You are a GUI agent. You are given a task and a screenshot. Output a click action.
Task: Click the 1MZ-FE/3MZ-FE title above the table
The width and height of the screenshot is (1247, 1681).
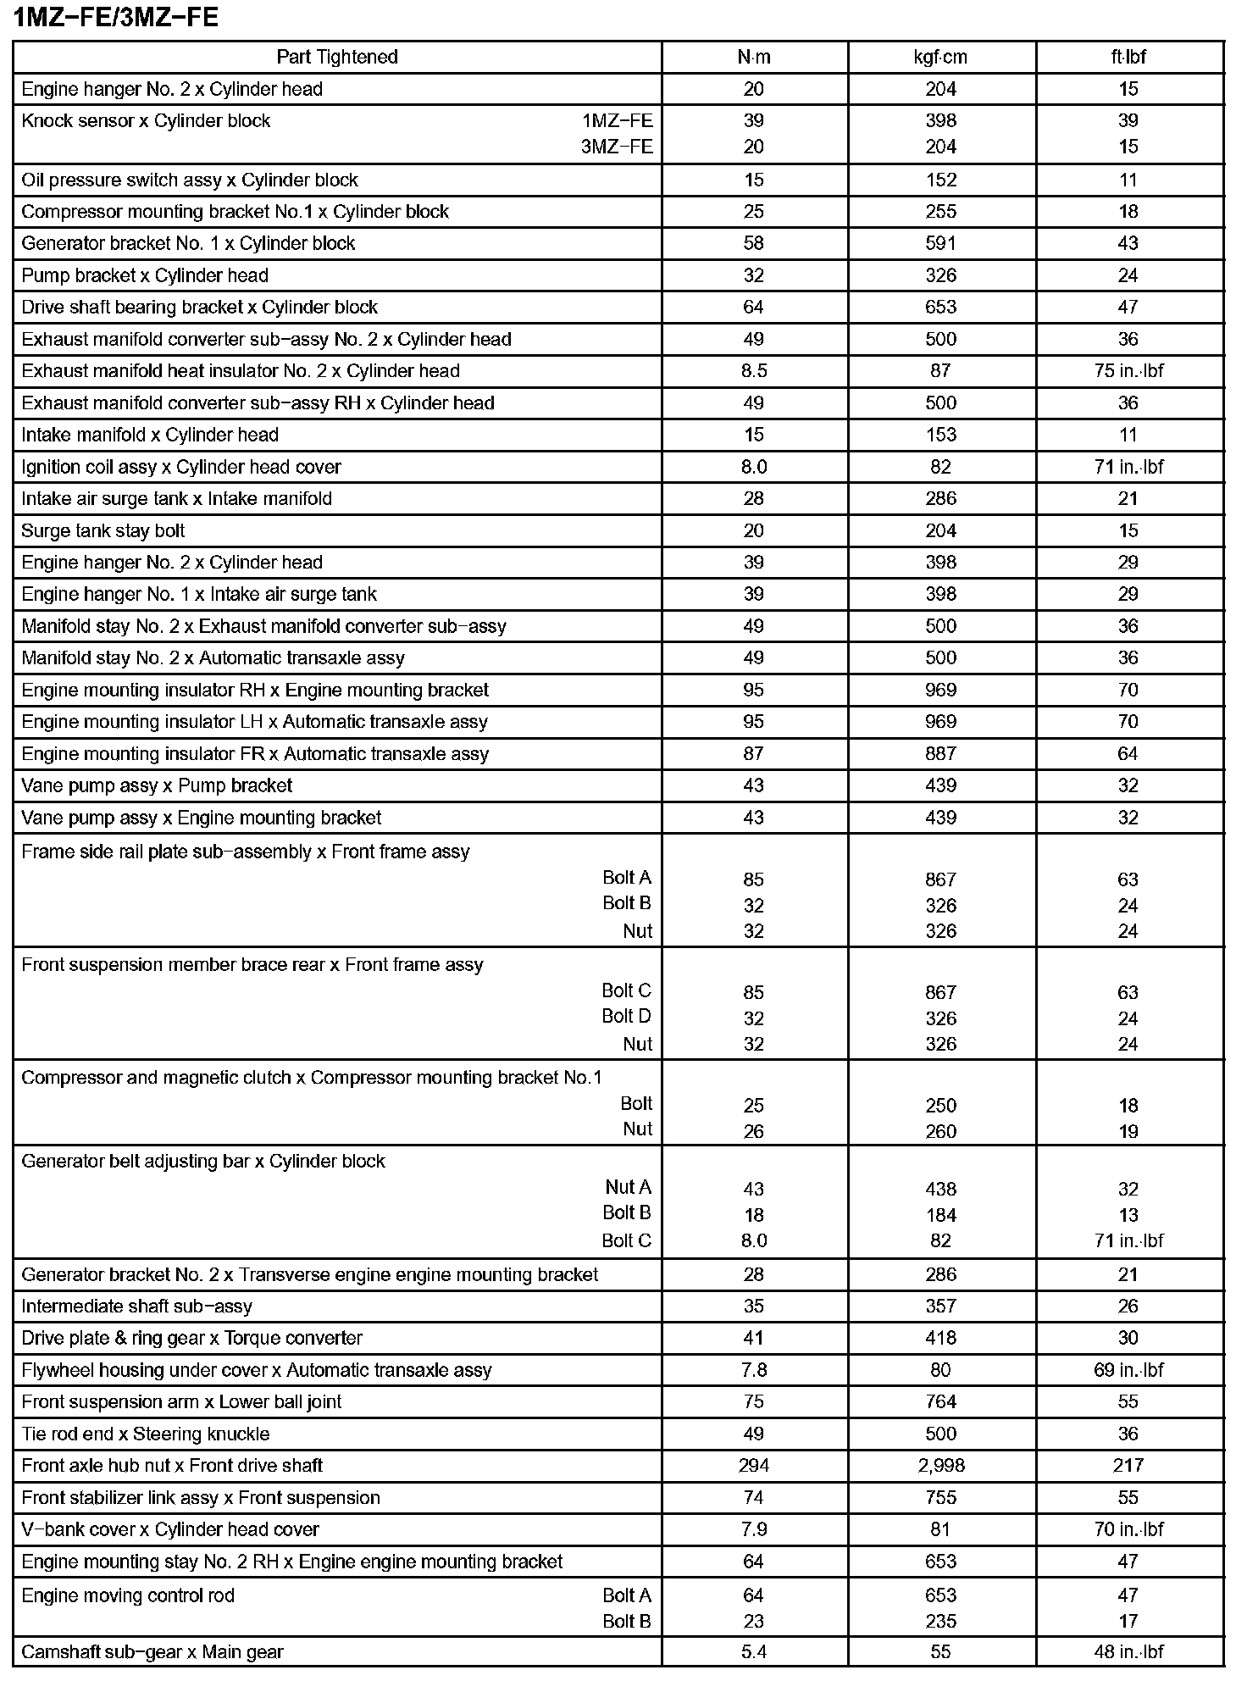[116, 18]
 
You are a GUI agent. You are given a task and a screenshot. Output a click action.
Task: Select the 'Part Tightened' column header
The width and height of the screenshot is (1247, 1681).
[337, 57]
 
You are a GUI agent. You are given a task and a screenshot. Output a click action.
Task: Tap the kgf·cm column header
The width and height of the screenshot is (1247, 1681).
[940, 57]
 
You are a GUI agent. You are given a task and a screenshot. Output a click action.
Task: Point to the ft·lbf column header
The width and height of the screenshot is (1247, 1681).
[1128, 57]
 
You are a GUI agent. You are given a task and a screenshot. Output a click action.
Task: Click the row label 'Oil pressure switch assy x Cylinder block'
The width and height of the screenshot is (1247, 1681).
[190, 180]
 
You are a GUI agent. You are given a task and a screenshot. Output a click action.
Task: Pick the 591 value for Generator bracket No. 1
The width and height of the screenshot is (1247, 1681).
[940, 243]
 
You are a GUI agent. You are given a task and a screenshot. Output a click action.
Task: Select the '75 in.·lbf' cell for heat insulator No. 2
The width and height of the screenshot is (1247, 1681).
[1128, 371]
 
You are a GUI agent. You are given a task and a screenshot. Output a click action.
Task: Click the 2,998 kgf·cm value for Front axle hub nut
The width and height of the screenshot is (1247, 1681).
[940, 1466]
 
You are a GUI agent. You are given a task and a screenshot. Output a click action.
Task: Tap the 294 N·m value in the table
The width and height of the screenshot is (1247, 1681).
[753, 1466]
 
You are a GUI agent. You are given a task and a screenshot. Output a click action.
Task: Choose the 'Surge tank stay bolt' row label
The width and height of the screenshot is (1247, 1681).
[103, 530]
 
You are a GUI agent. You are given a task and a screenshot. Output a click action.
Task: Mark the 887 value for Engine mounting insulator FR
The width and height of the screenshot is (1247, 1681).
[940, 754]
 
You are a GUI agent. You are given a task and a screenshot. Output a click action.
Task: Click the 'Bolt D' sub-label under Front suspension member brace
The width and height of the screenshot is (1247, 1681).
[626, 1016]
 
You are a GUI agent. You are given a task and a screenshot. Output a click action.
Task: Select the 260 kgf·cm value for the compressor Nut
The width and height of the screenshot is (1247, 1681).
[940, 1131]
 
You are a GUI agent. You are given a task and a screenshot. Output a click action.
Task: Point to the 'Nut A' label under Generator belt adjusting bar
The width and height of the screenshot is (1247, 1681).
[628, 1187]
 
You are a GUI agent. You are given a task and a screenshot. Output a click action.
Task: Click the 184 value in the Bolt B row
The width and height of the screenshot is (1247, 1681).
[940, 1215]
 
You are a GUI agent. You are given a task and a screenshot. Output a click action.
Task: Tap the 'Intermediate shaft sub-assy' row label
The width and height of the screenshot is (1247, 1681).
[136, 1307]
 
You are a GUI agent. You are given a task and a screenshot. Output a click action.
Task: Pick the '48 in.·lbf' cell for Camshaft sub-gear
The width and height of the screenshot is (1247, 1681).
[1128, 1651]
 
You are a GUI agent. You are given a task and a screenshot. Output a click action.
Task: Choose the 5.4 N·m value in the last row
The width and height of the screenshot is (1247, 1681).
[753, 1651]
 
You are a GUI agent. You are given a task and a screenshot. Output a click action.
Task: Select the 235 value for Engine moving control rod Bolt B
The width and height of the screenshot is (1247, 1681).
[940, 1621]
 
